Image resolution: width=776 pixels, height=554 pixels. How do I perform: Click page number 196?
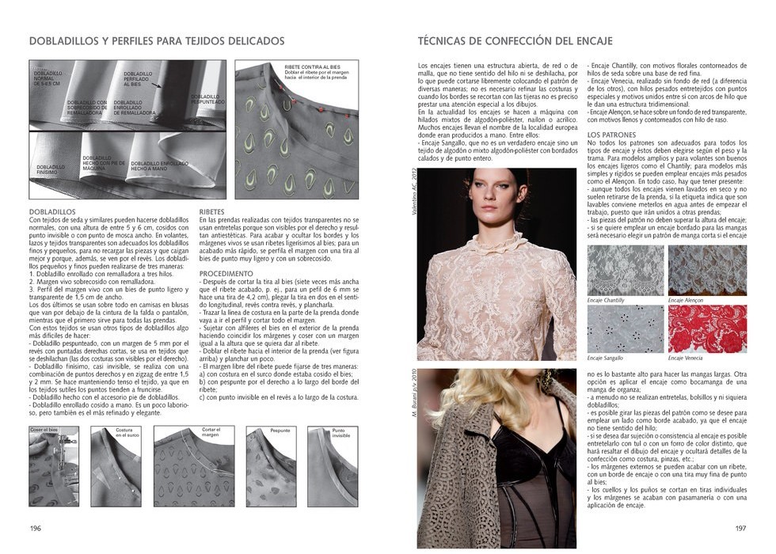click(x=35, y=529)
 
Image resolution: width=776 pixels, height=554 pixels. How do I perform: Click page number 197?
click(x=740, y=529)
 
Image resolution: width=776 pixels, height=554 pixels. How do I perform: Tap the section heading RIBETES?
click(x=213, y=212)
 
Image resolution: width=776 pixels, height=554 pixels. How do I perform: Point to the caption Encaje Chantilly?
click(x=606, y=301)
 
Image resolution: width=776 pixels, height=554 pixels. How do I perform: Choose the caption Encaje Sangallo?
click(x=605, y=359)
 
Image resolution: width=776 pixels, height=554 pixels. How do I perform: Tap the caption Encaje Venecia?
click(x=685, y=359)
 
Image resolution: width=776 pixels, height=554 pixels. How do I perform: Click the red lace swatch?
click(x=706, y=328)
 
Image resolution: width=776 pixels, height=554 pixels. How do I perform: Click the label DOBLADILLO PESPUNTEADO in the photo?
click(x=207, y=100)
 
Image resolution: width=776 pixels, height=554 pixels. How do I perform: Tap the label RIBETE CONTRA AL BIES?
click(x=314, y=66)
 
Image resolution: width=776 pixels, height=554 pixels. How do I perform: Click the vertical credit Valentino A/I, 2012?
click(x=413, y=190)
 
